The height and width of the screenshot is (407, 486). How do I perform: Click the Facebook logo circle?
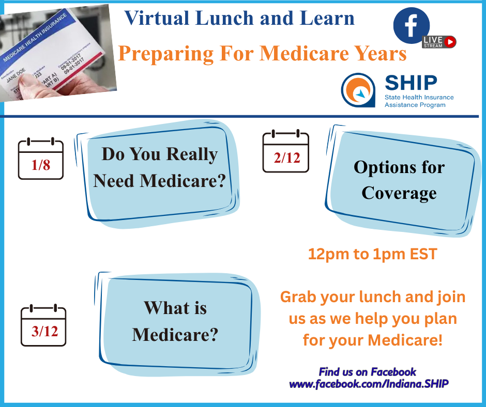point(412,25)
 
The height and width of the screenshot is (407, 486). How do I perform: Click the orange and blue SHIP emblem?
point(358,90)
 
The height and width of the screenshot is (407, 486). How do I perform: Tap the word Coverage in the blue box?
point(399,193)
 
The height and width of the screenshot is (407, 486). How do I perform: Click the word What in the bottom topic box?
point(160,308)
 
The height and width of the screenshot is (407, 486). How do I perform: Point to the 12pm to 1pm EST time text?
point(372,254)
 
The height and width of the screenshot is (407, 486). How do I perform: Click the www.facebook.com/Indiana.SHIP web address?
point(368,384)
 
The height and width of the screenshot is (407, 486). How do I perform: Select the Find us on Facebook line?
point(368,372)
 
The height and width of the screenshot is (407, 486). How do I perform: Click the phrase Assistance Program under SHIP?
point(415,105)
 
